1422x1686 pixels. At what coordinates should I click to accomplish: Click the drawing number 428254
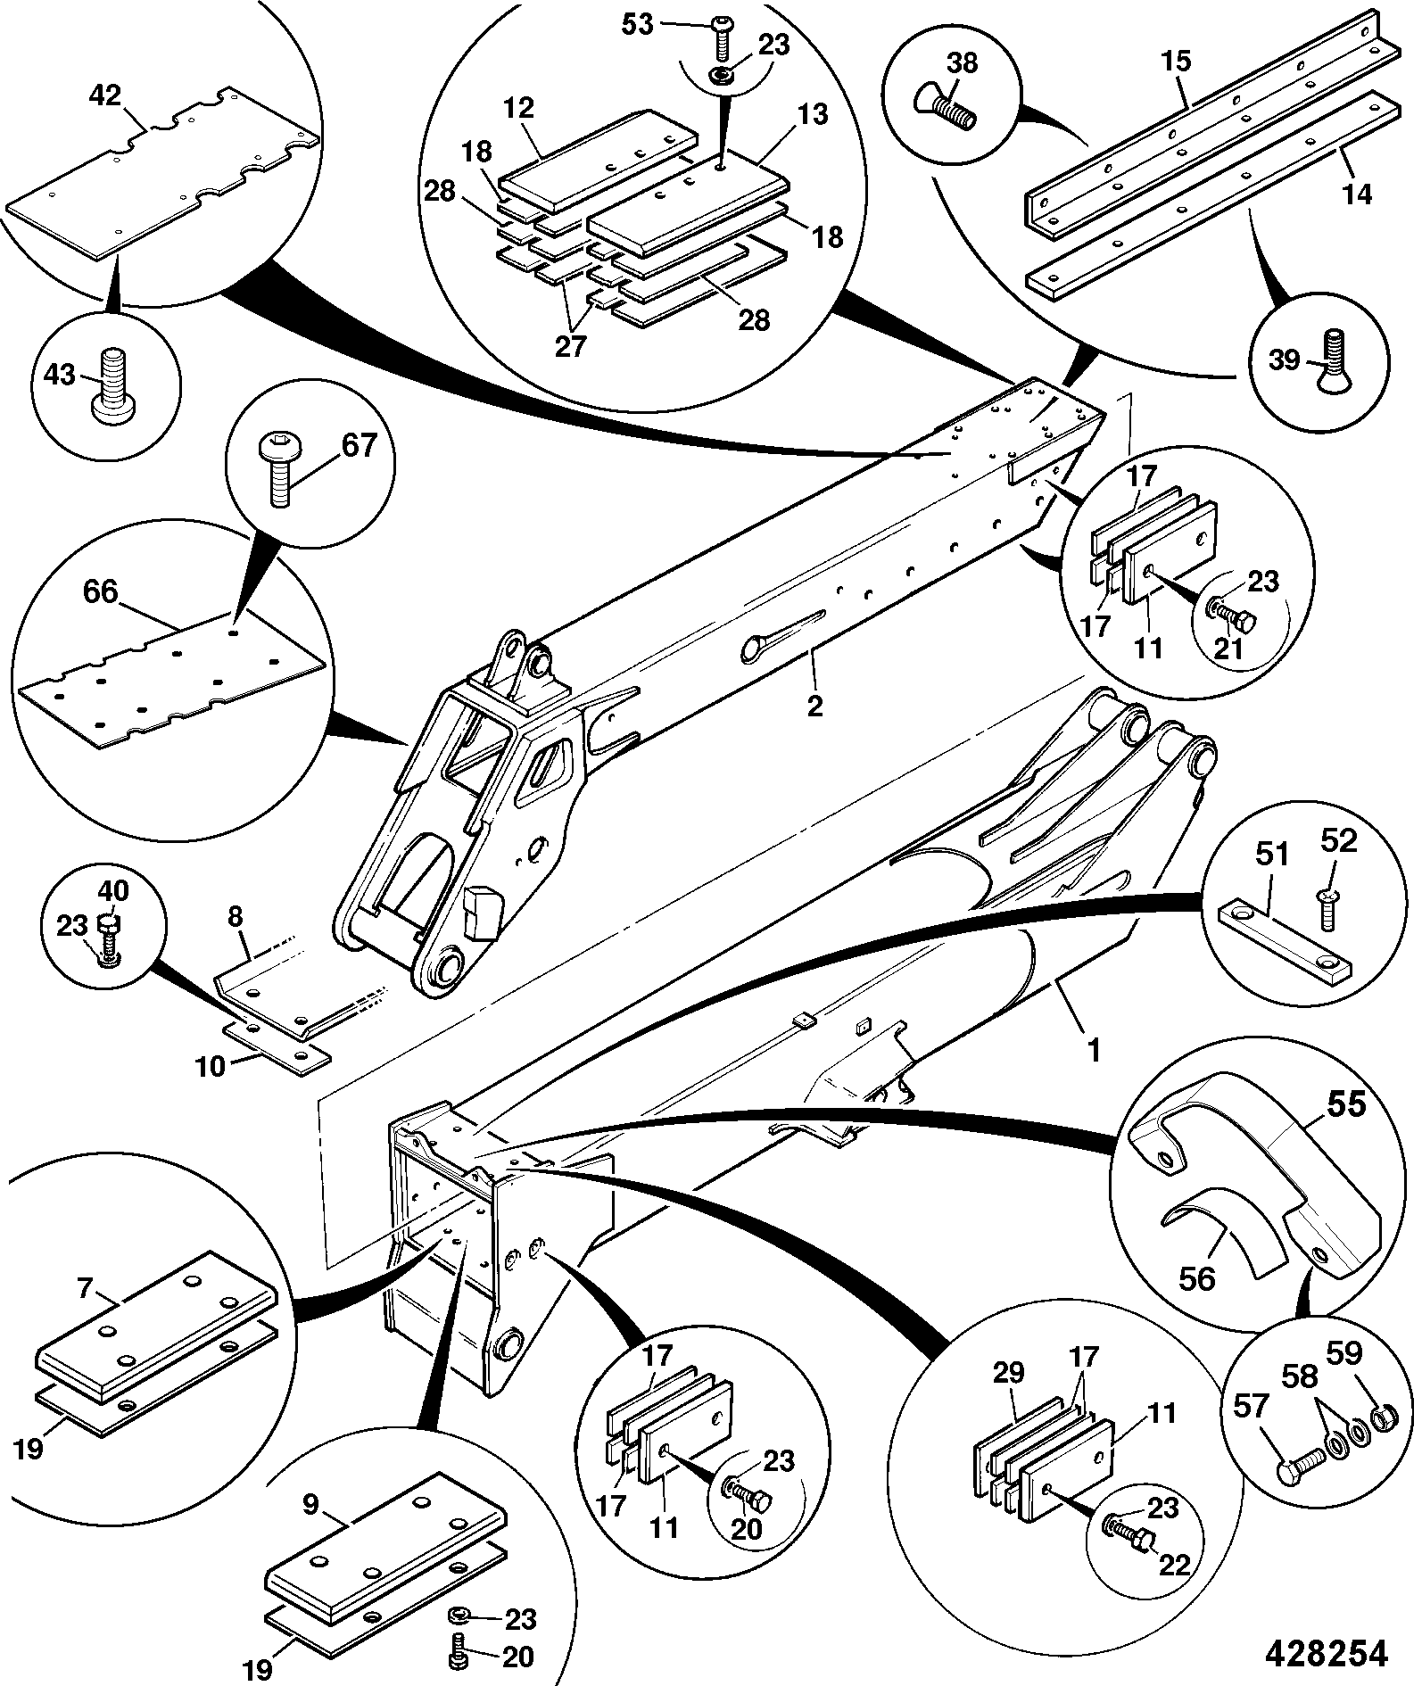(x=1327, y=1653)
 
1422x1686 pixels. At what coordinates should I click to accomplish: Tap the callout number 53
(x=638, y=24)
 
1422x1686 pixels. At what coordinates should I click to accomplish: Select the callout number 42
(x=105, y=95)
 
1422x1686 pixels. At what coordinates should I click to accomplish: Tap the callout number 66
(x=100, y=591)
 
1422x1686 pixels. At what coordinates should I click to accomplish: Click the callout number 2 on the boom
(x=814, y=705)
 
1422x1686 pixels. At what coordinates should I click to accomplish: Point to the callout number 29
(x=1009, y=1372)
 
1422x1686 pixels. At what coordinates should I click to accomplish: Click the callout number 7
(x=86, y=1287)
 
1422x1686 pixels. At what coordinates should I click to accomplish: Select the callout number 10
(x=211, y=1066)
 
